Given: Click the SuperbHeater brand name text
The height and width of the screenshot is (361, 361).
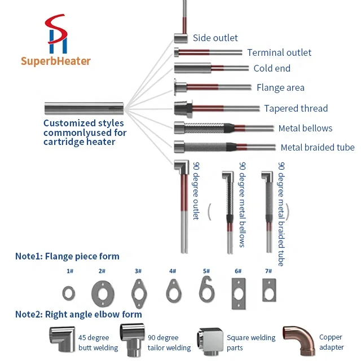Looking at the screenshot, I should [56, 61].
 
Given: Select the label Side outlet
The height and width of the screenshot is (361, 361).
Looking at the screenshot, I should [215, 38].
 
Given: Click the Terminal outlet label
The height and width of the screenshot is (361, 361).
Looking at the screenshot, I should [279, 52].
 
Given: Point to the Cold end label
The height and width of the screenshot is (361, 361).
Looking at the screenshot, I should [272, 68].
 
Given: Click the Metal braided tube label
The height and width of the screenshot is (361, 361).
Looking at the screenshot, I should [318, 147].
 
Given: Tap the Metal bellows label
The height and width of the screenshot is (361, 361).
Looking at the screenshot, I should [305, 128].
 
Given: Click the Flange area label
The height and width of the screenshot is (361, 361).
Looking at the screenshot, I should [280, 87].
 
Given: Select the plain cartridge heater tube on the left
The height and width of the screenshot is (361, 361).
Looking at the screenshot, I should [83, 108].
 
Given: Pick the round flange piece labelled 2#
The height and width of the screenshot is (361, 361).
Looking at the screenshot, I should [102, 293].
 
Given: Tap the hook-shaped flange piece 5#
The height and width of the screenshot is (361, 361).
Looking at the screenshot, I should [207, 291].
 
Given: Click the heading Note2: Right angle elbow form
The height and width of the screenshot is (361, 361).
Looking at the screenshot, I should [78, 314].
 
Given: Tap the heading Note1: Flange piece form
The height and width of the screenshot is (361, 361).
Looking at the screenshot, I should [67, 256].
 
